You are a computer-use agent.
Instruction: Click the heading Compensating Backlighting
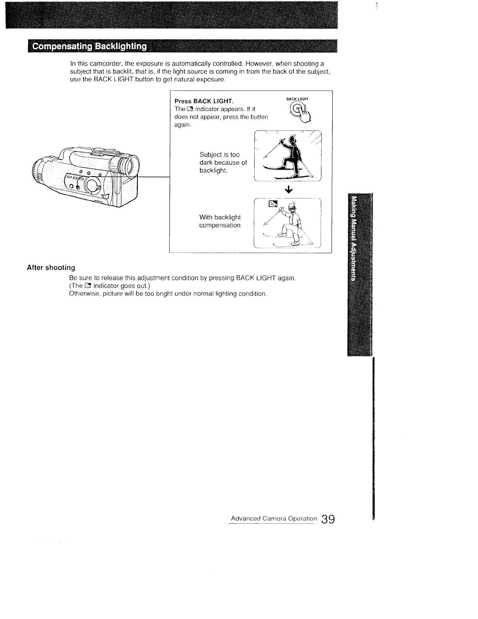[89, 47]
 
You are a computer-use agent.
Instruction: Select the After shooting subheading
[51, 268]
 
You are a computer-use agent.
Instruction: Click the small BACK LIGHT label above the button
[297, 99]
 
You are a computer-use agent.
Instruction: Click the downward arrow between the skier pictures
[289, 190]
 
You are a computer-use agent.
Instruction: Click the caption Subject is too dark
[223, 163]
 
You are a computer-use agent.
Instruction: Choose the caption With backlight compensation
[220, 221]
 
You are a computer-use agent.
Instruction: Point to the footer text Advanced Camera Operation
[274, 519]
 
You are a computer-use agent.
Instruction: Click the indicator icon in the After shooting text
[88, 286]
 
